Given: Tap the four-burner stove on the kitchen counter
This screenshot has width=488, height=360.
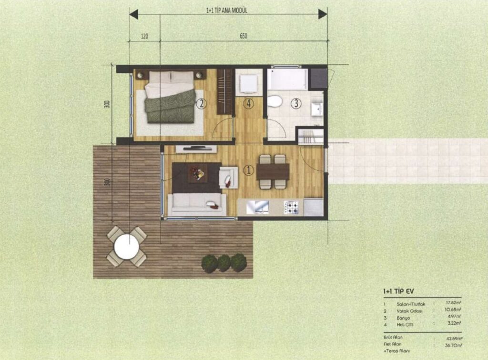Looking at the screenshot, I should [x=291, y=207].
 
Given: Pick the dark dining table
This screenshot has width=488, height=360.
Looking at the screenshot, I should [x=273, y=171].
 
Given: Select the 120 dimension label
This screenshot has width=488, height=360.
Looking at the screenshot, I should [x=144, y=36].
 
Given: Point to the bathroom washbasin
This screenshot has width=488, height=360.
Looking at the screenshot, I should [x=317, y=109].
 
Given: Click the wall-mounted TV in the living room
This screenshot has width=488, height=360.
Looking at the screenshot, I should [x=196, y=149].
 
